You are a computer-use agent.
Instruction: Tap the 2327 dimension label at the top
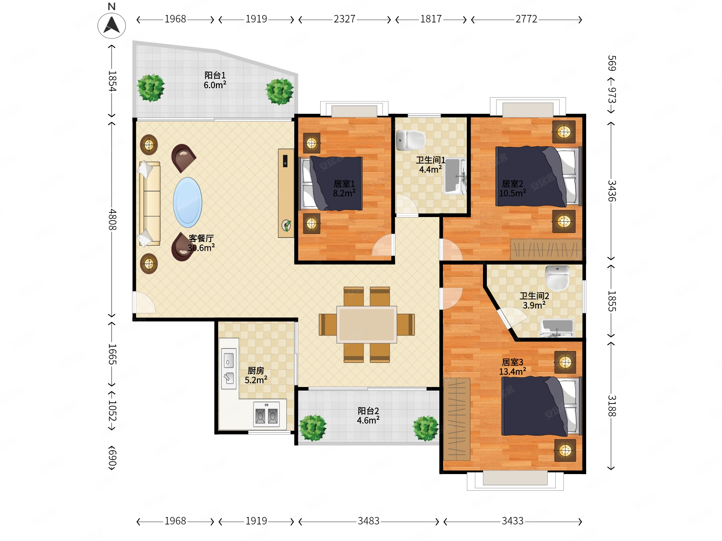[344, 19]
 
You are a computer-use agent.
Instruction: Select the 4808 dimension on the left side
[112, 219]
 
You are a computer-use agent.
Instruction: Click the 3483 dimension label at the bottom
[368, 521]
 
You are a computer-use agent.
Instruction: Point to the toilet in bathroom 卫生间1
[411, 140]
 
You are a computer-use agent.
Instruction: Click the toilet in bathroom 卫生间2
[558, 278]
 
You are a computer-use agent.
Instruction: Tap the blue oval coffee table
[187, 202]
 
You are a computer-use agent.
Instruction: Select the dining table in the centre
[367, 325]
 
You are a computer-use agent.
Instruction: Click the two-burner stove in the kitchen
[266, 415]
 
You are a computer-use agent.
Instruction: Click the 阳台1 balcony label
[215, 80]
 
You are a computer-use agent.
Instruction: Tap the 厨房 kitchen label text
[256, 370]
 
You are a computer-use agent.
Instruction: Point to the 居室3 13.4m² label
[513, 367]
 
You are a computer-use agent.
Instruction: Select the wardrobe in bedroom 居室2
[546, 250]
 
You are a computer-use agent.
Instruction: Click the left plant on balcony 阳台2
[313, 428]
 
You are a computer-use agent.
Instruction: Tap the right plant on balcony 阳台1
[279, 91]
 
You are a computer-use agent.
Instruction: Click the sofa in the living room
[150, 203]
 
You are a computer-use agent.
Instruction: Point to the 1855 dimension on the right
[611, 301]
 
